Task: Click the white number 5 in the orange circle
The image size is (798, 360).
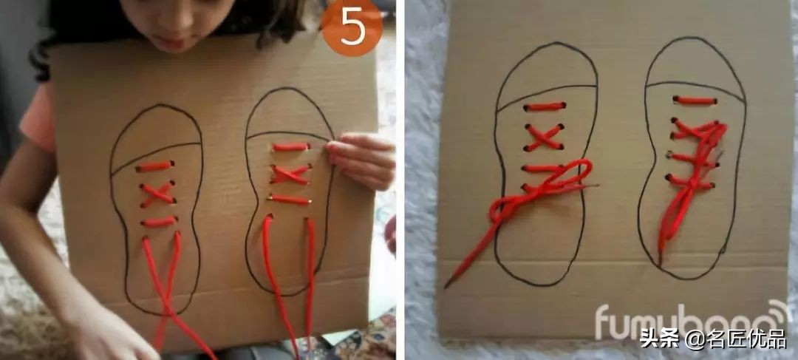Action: click(352, 27)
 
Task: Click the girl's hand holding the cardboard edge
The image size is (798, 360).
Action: click(361, 158)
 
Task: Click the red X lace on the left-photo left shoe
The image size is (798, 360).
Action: click(157, 194)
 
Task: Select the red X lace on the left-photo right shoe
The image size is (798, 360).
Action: click(290, 174)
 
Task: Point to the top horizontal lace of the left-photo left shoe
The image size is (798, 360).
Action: click(154, 166)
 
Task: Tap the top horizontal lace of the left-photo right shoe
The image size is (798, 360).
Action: click(290, 146)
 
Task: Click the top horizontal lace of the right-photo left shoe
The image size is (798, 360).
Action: click(545, 107)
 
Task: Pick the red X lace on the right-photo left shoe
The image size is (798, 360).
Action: click(544, 137)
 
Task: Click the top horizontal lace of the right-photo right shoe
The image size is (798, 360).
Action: click(695, 101)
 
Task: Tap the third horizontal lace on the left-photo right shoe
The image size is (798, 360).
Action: click(290, 200)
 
